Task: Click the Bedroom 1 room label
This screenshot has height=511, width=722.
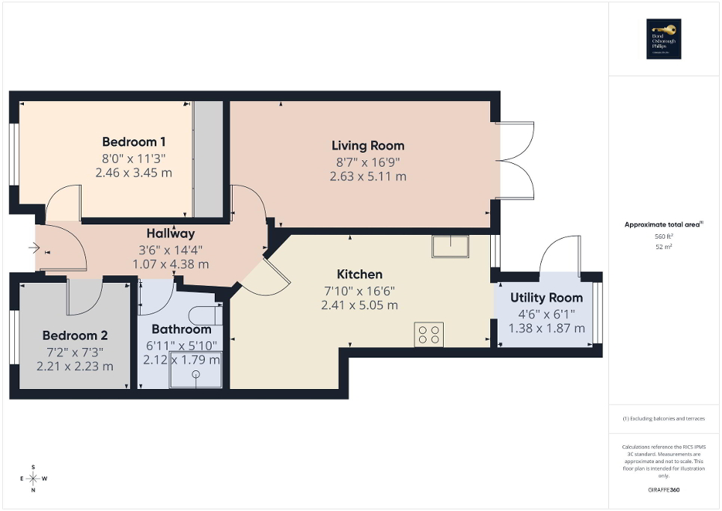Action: (134, 142)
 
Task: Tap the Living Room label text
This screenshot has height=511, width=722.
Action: (367, 146)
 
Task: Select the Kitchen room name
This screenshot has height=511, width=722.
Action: (359, 275)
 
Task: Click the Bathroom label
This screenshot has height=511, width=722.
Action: (181, 329)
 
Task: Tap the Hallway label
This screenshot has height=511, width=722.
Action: (171, 233)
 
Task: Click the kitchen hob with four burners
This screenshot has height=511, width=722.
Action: (429, 334)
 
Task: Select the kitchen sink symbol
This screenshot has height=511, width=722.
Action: (450, 246)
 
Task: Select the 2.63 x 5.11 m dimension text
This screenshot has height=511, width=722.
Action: (367, 177)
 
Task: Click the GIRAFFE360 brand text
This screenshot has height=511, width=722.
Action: (664, 490)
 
